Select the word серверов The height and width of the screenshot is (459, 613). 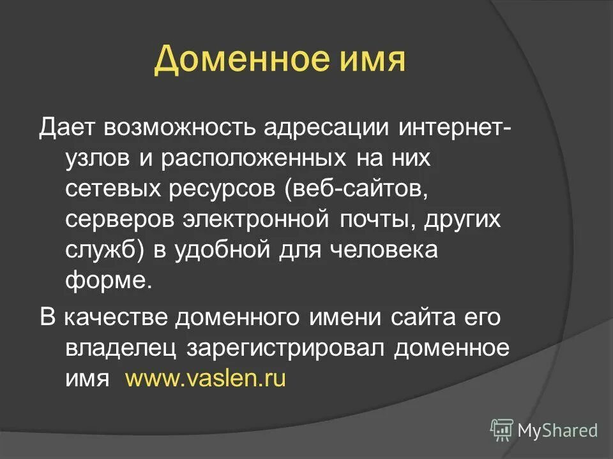point(119,220)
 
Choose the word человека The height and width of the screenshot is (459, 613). point(382,250)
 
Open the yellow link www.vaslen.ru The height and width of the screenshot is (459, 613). point(206,379)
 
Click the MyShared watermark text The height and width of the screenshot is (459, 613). point(557,430)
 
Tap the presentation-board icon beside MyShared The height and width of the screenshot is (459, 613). point(502,430)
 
